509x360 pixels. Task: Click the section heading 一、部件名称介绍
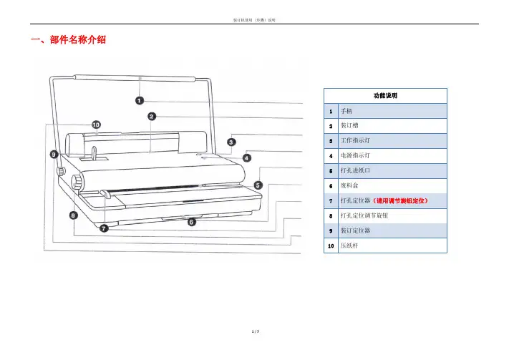[69, 40]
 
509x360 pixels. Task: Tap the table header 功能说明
[386, 95]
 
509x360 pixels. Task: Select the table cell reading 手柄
[346, 112]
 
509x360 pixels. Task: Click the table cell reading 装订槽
[349, 126]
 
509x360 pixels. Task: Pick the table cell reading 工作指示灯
[354, 140]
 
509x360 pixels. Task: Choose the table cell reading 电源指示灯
[354, 155]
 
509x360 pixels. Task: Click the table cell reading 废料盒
[349, 185]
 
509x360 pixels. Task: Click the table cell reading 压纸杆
[349, 245]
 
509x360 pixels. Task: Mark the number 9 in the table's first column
[330, 230]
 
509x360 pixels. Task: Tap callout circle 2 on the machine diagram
[152, 116]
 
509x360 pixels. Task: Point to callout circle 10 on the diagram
[96, 125]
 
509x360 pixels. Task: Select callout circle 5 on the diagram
[258, 185]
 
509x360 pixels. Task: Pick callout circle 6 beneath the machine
[191, 223]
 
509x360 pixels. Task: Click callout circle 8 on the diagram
[74, 215]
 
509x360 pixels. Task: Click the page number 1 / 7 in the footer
[254, 352]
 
